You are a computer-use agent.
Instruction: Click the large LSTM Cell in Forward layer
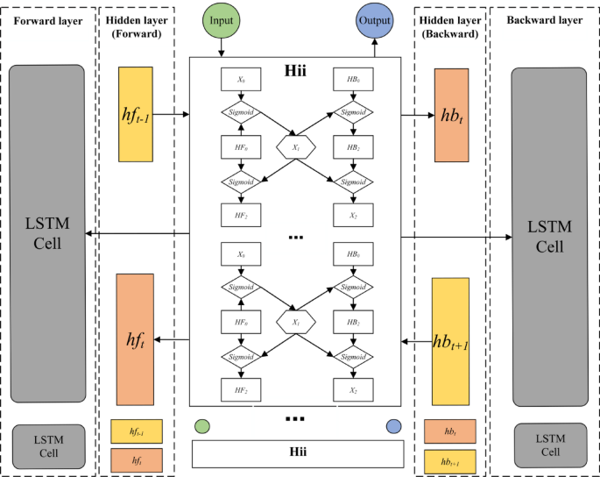pos(48,233)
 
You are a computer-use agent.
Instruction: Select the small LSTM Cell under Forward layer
pos(48,446)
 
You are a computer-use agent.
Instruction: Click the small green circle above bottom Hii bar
pos(202,426)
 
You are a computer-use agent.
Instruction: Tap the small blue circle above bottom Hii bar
pos(392,426)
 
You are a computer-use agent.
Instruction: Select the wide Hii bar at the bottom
pos(297,453)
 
